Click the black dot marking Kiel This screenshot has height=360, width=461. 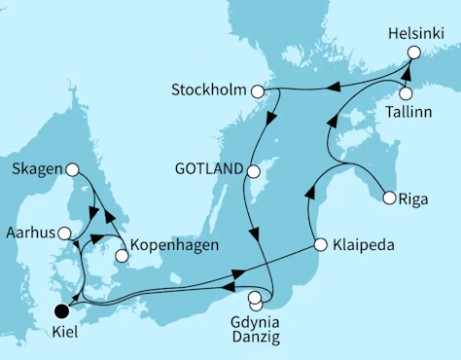[x=63, y=311]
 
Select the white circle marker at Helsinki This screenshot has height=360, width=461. [x=414, y=54]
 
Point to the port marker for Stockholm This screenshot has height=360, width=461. [x=258, y=92]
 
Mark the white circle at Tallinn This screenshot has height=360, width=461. [x=406, y=94]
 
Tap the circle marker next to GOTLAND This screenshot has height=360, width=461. [x=252, y=172]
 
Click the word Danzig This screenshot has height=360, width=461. [x=256, y=337]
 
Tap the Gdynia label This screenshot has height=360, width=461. [x=256, y=319]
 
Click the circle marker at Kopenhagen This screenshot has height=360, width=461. [x=122, y=257]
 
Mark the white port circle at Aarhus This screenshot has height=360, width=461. [x=64, y=234]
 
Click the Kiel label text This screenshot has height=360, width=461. [x=64, y=331]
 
